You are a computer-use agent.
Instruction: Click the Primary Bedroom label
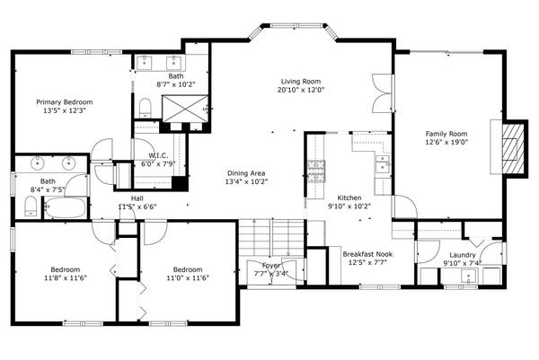click(64, 102)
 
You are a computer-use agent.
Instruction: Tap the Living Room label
click(300, 81)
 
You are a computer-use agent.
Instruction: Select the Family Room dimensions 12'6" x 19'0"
click(446, 141)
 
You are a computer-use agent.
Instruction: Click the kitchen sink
click(383, 163)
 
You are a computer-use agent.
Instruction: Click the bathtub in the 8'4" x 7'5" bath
click(63, 209)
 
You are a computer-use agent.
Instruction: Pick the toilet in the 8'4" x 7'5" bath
click(31, 208)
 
